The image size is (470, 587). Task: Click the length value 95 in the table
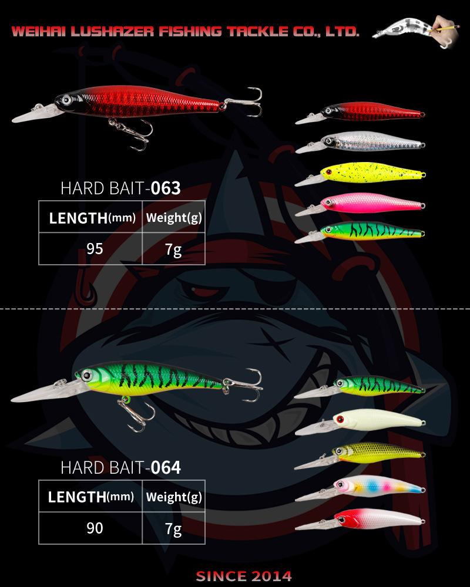(x=95, y=248)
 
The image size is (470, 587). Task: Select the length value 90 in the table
(x=95, y=528)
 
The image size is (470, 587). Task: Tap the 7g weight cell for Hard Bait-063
(x=173, y=249)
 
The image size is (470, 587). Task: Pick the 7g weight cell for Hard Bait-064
(x=173, y=529)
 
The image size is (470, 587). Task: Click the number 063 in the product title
(x=165, y=189)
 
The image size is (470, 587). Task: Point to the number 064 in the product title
(x=166, y=468)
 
